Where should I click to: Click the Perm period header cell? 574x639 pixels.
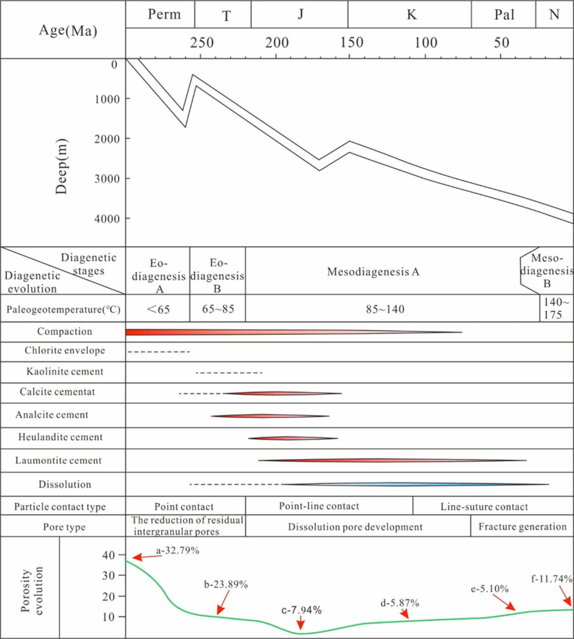pos(164,14)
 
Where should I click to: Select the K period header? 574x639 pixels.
pos(411,14)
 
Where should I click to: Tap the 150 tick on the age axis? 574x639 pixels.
pos(352,43)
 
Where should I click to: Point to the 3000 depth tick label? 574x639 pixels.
pos(107,179)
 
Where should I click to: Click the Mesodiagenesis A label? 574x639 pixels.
pos(373,271)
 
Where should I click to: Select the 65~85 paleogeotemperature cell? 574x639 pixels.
pos(218,309)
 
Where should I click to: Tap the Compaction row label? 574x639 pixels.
pos(65,331)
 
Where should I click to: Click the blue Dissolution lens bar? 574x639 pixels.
pos(411,484)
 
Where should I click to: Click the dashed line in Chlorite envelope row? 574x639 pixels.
pos(159,352)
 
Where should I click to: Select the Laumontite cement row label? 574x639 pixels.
pos(58,460)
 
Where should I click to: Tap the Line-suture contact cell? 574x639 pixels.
pos(484,506)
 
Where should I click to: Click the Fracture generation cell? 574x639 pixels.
pos(522,526)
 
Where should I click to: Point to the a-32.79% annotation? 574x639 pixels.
pos(178,551)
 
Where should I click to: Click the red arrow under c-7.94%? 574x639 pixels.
pos(301,622)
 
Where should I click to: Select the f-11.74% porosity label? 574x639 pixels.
pos(552,579)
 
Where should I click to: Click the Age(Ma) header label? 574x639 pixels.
pos(68,31)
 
